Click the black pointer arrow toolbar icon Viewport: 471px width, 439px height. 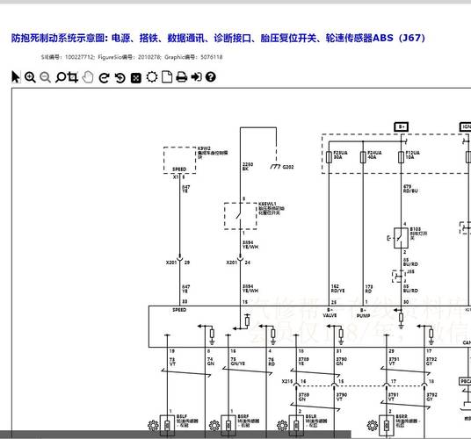tap(15, 77)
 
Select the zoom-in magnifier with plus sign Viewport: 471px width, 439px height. tap(30, 77)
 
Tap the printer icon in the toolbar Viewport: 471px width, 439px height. tap(181, 77)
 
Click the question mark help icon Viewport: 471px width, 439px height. tap(211, 77)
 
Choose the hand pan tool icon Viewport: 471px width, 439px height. tap(88, 77)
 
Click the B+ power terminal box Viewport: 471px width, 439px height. tap(402, 126)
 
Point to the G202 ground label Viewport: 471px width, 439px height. tap(288, 167)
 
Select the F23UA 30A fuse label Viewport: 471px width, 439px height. tap(338, 156)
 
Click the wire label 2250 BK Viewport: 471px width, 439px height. tap(248, 166)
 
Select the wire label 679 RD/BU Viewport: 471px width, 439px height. tap(410, 189)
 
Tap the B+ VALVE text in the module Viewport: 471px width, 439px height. tap(331, 312)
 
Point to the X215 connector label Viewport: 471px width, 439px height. tap(286, 382)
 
